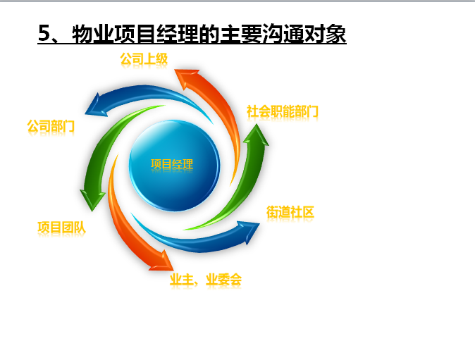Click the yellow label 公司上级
pos(144,59)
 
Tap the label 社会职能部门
pos(283,111)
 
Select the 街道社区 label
pos(290,212)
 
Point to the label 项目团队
pos(61,228)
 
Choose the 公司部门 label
pos(51,126)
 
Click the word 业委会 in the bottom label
pos(223,280)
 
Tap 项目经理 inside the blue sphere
pos(172,164)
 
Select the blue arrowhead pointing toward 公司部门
pos(96,105)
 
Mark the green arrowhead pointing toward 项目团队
pos(92,199)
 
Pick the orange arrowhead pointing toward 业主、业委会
pos(161,261)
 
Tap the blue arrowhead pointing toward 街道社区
pos(249,232)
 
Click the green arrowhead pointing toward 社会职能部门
pos(257,135)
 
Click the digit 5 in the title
pos(44,33)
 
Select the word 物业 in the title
pos(92,34)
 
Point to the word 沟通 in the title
pos(283,34)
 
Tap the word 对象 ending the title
pos(325,34)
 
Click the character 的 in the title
pos(209,34)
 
